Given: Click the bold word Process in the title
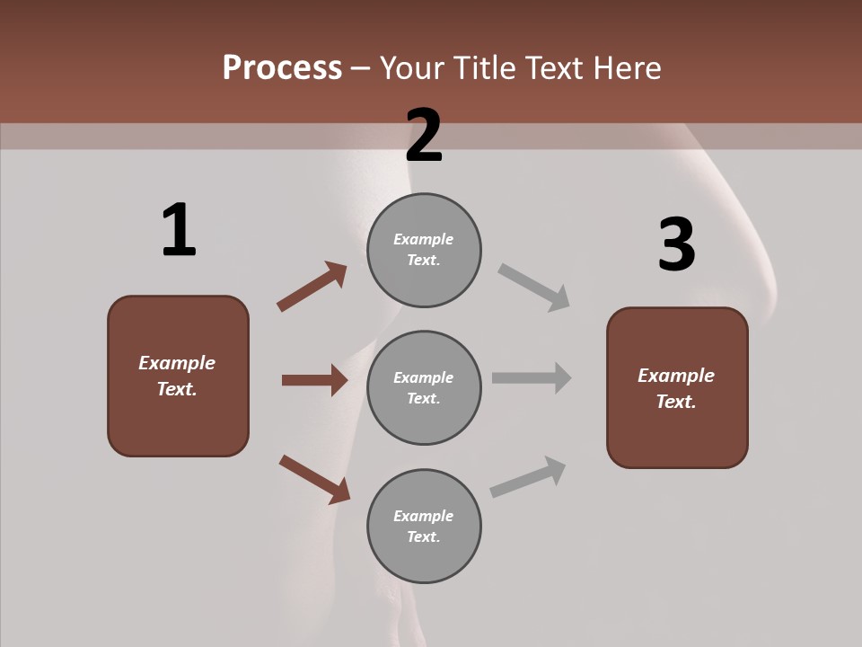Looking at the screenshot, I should (x=282, y=68).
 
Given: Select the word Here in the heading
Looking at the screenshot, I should (x=627, y=68).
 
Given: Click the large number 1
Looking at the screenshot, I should (x=179, y=230).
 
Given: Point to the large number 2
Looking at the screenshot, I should (x=424, y=136).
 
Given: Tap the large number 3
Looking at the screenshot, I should (x=676, y=244).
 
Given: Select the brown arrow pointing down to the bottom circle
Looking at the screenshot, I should (x=314, y=479).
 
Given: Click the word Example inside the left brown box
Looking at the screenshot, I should (x=177, y=363).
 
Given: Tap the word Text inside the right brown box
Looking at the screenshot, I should (x=676, y=402).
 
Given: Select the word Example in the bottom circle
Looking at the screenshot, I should (x=424, y=516).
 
